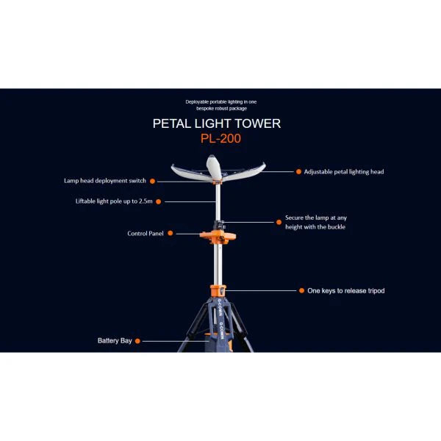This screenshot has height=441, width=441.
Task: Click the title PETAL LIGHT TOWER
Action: [x=217, y=123]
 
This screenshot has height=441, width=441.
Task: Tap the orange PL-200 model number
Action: [x=221, y=138]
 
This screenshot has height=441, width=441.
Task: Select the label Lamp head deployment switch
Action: [x=104, y=180]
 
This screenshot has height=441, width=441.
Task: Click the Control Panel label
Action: [x=146, y=234]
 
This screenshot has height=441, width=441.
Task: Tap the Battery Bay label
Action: [x=115, y=340]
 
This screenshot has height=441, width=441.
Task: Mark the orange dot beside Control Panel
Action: [x=171, y=234]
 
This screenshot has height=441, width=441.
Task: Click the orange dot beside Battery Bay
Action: [x=137, y=341]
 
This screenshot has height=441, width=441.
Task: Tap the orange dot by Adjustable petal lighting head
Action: [x=298, y=171]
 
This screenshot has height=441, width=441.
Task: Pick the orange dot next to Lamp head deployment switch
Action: [x=152, y=180]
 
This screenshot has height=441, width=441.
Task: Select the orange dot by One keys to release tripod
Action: [x=300, y=290]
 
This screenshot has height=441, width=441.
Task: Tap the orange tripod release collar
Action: [x=218, y=290]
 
